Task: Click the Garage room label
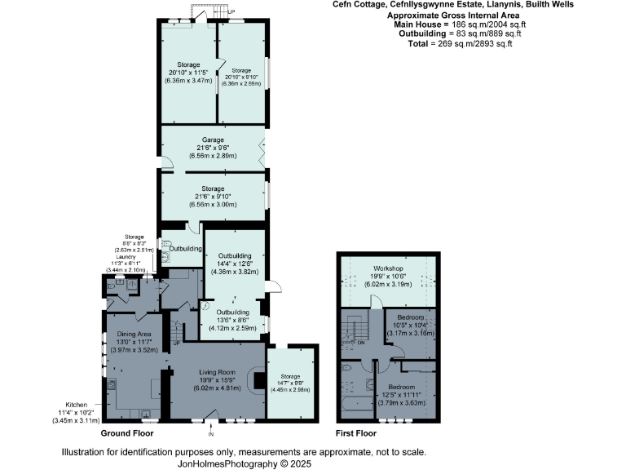tap(213, 140)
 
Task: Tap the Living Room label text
tap(217, 372)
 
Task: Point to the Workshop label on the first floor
tap(390, 268)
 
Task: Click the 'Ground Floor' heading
tap(126, 433)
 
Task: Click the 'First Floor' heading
tap(358, 433)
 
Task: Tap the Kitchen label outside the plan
tap(79, 404)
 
